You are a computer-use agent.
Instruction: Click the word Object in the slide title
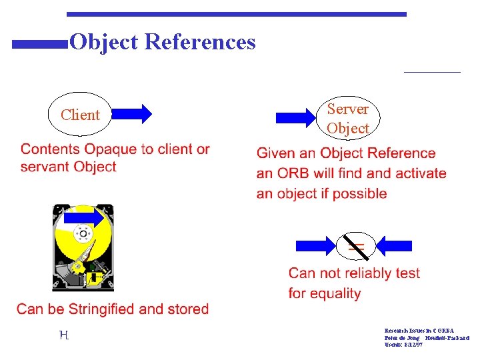[104, 43]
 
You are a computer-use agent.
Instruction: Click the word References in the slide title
[199, 43]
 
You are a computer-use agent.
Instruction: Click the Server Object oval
[347, 118]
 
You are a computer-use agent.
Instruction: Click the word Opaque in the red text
[109, 149]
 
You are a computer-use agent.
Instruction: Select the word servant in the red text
[46, 167]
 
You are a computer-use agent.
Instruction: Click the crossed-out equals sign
[356, 247]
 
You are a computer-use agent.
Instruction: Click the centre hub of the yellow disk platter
[83, 234]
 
